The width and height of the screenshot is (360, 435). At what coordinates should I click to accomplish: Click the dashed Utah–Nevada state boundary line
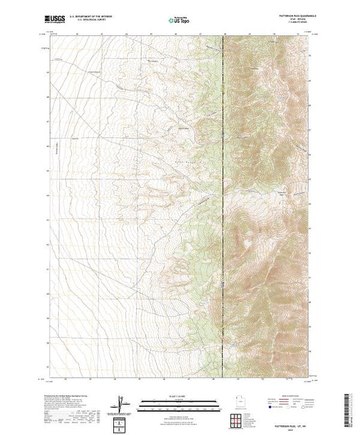pyautogui.click(x=223, y=207)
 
